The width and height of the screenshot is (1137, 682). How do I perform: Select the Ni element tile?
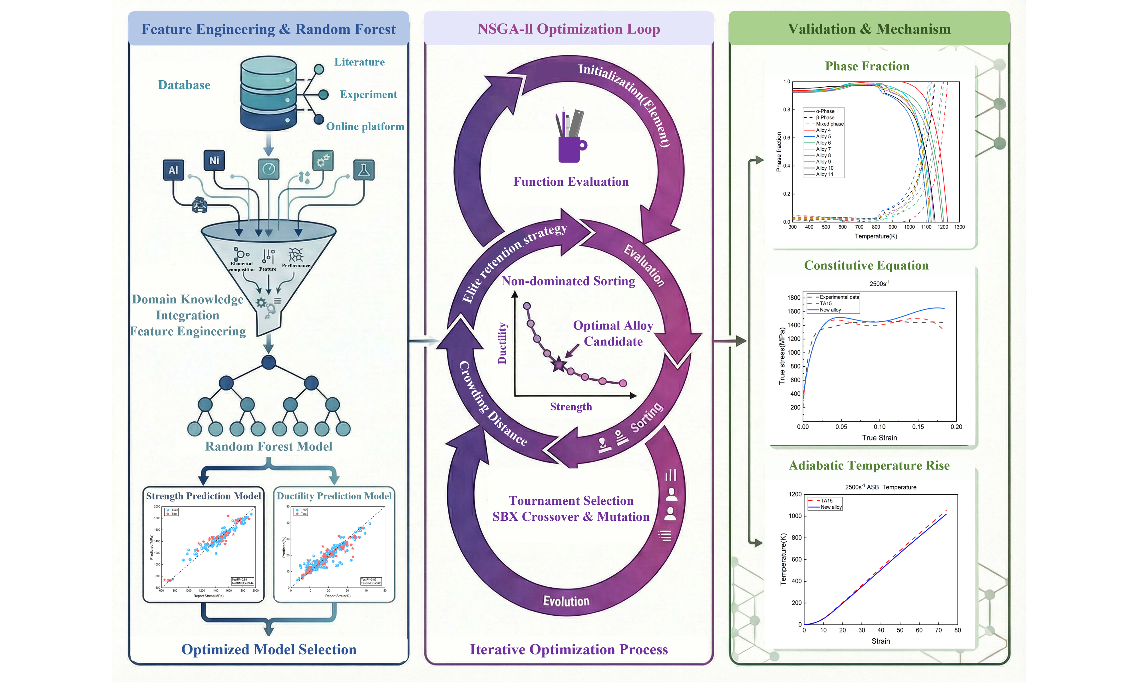214,160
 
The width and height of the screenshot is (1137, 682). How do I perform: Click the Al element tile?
173,170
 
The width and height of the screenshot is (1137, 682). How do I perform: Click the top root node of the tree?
268,362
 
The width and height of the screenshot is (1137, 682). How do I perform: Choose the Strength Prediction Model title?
203,496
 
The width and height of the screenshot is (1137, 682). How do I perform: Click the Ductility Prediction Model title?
334,496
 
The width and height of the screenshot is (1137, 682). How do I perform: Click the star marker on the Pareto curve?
559,365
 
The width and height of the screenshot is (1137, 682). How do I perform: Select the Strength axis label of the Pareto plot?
571,407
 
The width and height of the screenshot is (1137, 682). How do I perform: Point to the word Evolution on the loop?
566,601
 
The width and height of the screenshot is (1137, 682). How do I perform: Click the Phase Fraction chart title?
867,66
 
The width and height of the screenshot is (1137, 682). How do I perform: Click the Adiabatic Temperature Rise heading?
869,466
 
